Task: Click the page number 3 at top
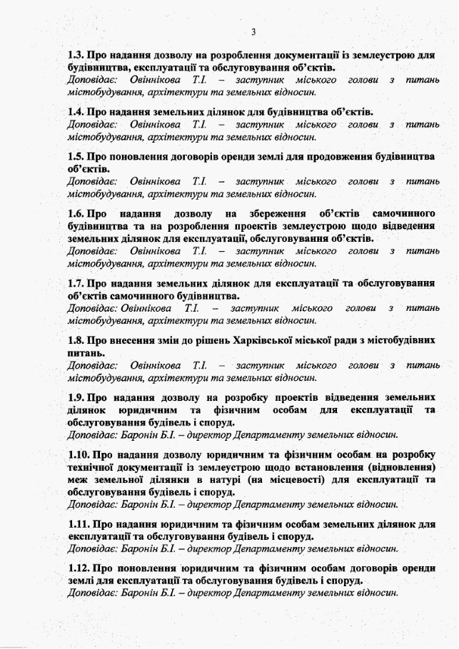point(253,31)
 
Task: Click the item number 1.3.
point(76,55)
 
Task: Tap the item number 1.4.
point(76,112)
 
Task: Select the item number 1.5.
point(76,157)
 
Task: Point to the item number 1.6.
point(76,213)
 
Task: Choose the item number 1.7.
point(76,284)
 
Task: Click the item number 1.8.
point(76,340)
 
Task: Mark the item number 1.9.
point(76,397)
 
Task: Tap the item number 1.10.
point(79,454)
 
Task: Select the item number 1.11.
point(79,524)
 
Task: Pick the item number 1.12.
point(79,568)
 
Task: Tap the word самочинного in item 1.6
point(404,213)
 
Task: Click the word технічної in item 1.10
point(92,467)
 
